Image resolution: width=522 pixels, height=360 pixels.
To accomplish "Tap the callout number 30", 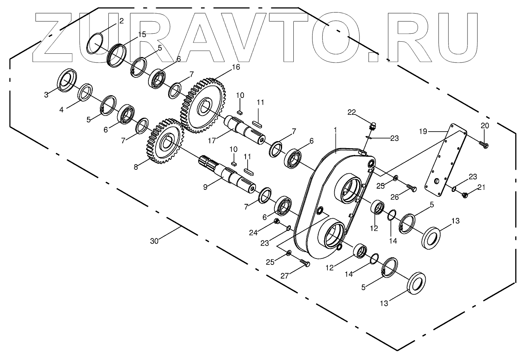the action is click(x=154, y=241).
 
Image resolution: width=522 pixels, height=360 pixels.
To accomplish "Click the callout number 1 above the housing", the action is click(x=335, y=130).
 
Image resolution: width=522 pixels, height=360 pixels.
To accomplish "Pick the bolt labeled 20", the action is click(x=483, y=144).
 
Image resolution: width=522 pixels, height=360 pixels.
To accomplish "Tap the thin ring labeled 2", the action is click(x=96, y=43).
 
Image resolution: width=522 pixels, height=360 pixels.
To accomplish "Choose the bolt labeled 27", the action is click(x=305, y=263).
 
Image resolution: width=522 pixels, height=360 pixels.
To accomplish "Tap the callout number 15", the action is click(x=142, y=35).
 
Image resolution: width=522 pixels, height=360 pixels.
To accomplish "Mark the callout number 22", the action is click(x=351, y=113).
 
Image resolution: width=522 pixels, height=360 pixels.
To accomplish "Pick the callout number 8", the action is click(x=136, y=167).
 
